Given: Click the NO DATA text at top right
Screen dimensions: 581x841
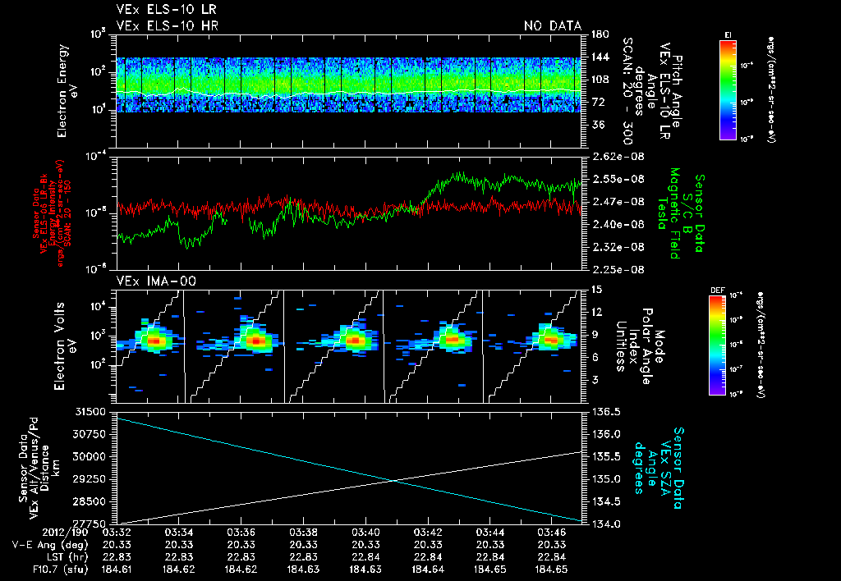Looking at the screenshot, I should click(x=552, y=25).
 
